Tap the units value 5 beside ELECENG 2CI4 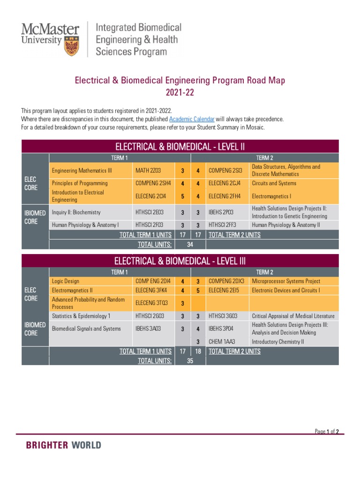tap(182, 196)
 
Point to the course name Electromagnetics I tap(271, 196)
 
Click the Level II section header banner tap(180, 146)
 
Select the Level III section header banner tap(180, 261)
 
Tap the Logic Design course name tap(66, 281)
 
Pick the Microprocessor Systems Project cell tap(286, 281)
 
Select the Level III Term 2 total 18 tap(198, 351)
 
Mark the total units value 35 tap(190, 360)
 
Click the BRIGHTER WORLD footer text tap(63, 445)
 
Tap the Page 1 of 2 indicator tap(327, 432)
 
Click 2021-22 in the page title tap(180, 93)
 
